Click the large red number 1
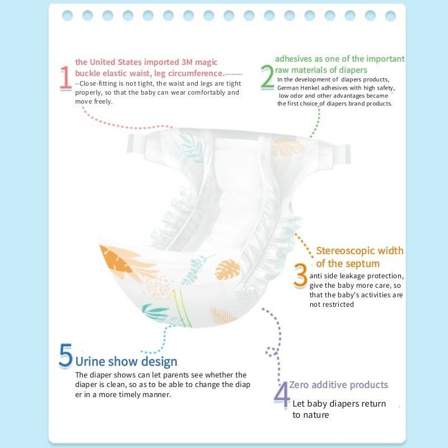[66, 78]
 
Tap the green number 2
[267, 78]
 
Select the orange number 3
[301, 276]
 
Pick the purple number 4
[281, 394]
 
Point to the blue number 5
[66, 356]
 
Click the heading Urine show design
[126, 362]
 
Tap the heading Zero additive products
[339, 385]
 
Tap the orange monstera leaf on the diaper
[228, 270]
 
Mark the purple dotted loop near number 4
[272, 352]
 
